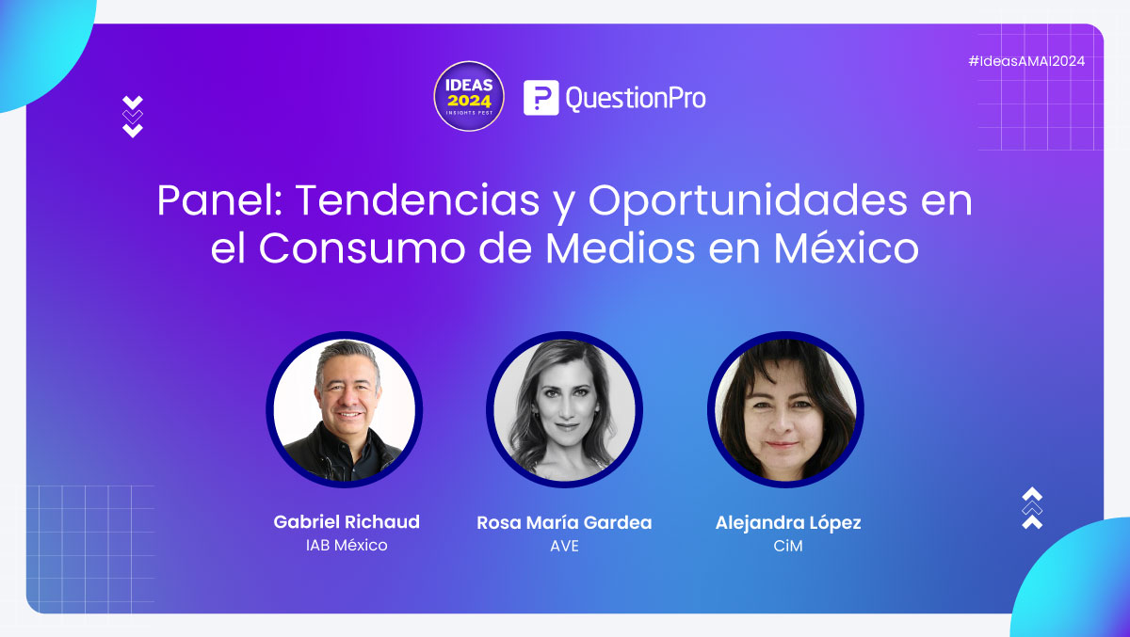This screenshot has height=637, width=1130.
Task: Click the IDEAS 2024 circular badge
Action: click(x=469, y=96)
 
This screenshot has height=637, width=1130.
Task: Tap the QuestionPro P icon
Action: click(x=541, y=97)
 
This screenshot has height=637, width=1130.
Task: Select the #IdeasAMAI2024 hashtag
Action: click(x=1026, y=61)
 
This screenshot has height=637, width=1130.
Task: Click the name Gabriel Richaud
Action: click(x=347, y=521)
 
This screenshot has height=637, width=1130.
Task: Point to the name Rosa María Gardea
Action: click(x=564, y=522)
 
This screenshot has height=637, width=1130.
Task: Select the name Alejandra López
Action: click(x=788, y=522)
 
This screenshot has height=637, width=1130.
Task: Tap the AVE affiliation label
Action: click(x=564, y=546)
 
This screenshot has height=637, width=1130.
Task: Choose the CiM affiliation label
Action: click(x=786, y=546)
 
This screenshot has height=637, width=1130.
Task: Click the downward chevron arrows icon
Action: click(x=133, y=117)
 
